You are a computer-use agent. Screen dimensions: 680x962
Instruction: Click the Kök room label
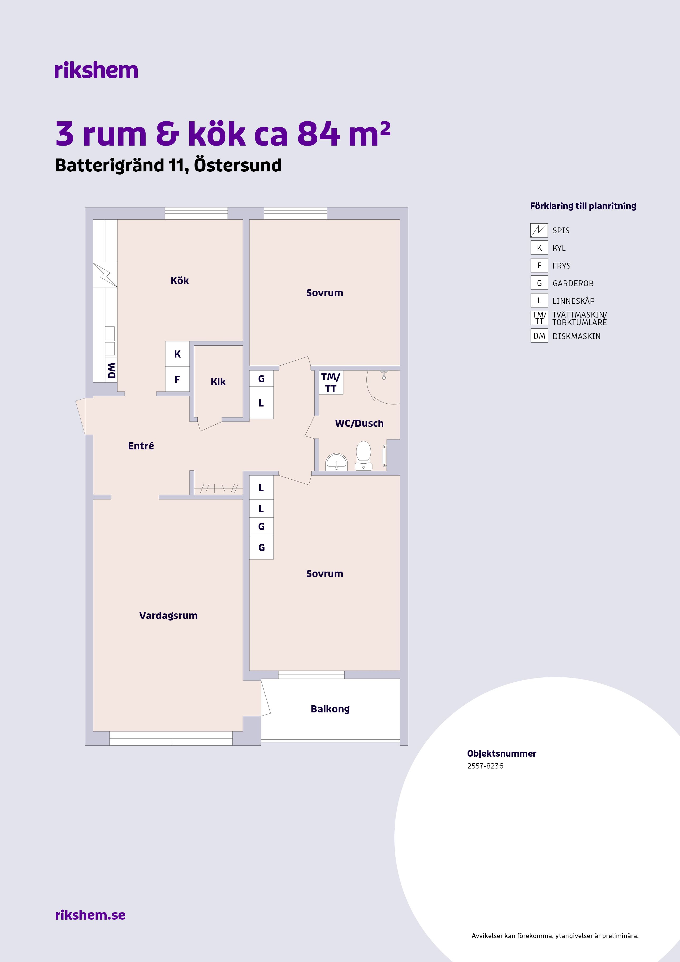point(179,281)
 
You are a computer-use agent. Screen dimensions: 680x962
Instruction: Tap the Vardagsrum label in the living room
point(168,616)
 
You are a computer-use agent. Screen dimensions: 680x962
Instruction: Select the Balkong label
point(330,709)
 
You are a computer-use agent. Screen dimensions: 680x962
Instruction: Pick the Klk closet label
point(218,382)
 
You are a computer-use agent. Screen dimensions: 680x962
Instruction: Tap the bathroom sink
point(336,462)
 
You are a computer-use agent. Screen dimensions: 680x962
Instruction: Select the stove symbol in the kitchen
point(105,275)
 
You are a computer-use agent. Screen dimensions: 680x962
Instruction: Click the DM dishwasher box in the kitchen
point(111,370)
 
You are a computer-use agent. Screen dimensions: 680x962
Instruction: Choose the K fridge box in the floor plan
point(177,354)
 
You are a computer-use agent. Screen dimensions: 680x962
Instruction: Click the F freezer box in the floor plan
point(177,379)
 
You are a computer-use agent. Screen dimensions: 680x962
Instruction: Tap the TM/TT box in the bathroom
point(331,383)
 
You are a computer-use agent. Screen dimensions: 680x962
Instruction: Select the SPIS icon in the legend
point(539,230)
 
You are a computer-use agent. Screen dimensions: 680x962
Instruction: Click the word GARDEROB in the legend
point(573,284)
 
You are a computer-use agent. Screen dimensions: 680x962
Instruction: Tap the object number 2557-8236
point(485,766)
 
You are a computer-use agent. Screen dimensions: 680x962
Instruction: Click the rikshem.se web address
point(90,915)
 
